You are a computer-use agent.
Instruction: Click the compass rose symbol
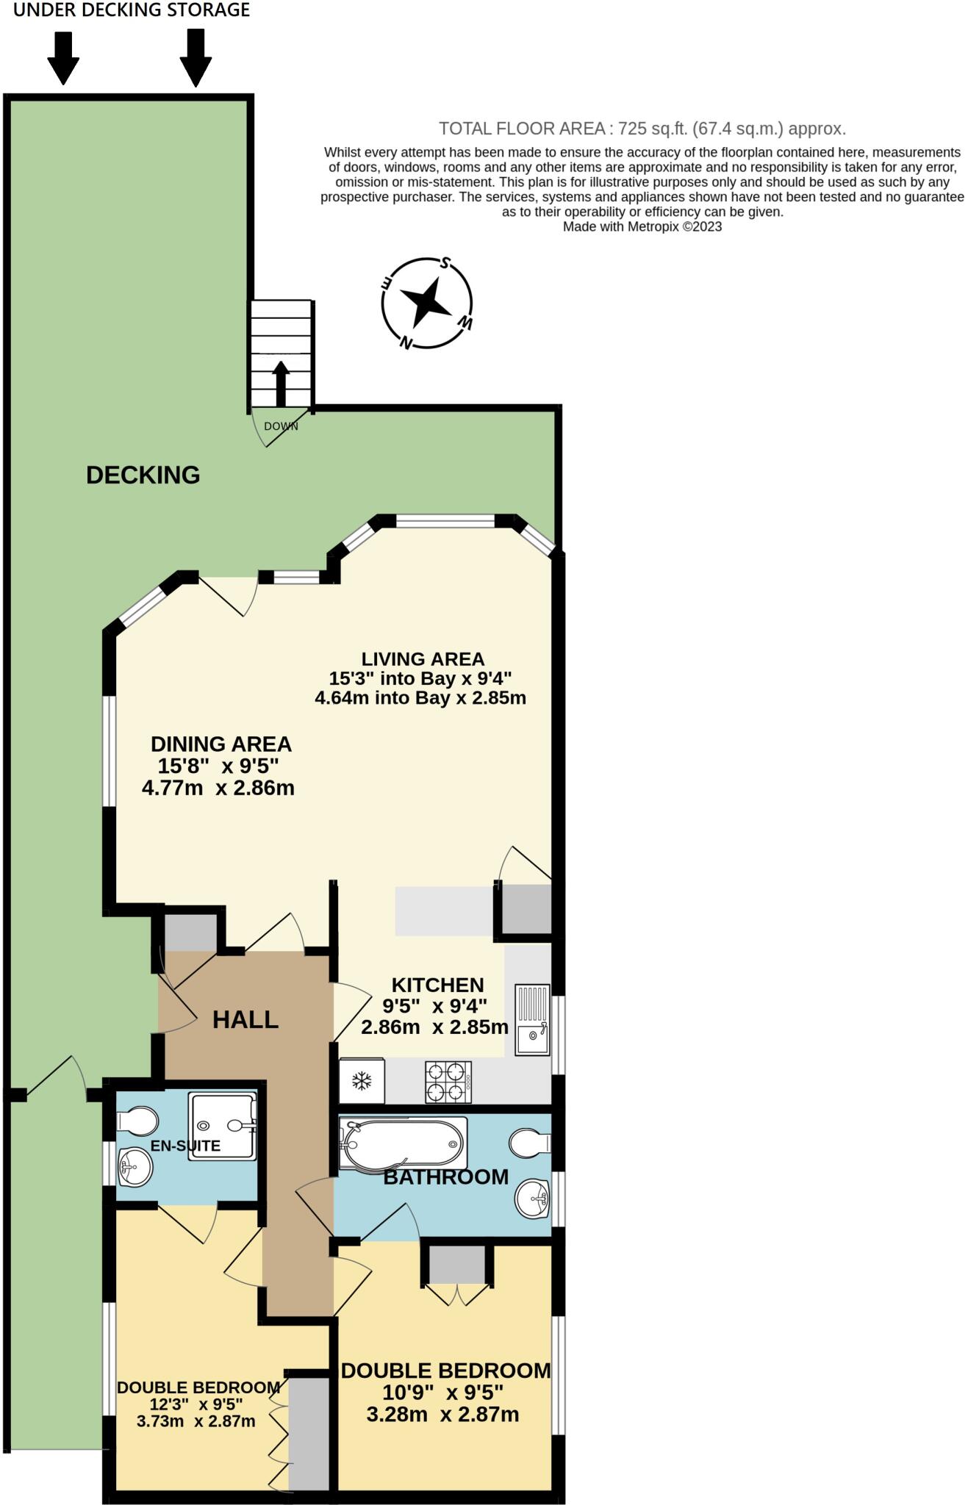pyautogui.click(x=426, y=303)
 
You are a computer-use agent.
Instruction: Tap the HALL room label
pyautogui.click(x=245, y=1019)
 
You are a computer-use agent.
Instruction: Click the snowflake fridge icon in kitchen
pyautogui.click(x=361, y=1081)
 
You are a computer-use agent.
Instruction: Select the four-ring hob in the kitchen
pyautogui.click(x=448, y=1082)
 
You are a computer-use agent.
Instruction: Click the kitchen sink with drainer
pyautogui.click(x=532, y=1019)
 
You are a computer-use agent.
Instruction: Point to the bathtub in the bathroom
pyautogui.click(x=403, y=1143)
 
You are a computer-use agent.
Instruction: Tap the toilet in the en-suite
pyautogui.click(x=137, y=1122)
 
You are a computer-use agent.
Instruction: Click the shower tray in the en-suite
pyautogui.click(x=223, y=1126)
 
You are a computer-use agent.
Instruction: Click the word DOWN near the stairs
pyautogui.click(x=281, y=426)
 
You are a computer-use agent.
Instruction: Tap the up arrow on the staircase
pyautogui.click(x=281, y=382)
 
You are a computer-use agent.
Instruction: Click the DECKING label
pyautogui.click(x=143, y=475)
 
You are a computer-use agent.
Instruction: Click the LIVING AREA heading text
pyautogui.click(x=423, y=659)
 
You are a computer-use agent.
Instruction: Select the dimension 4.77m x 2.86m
pyautogui.click(x=218, y=789)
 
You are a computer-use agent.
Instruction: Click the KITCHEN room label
pyautogui.click(x=437, y=985)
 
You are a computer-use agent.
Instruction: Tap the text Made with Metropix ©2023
pyautogui.click(x=642, y=227)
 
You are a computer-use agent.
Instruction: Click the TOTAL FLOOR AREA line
pyautogui.click(x=642, y=129)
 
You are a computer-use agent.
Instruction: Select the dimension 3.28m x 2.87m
pyautogui.click(x=442, y=1414)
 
